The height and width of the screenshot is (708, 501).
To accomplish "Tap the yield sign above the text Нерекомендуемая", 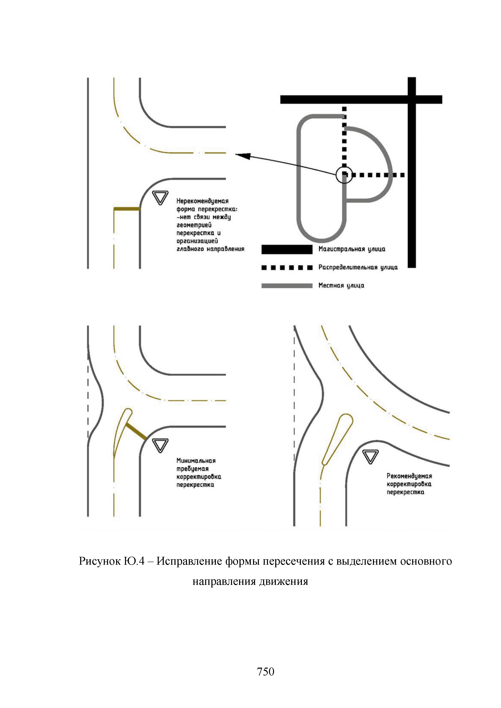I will pyautogui.click(x=160, y=197).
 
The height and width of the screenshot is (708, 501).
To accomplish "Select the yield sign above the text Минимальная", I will pyautogui.click(x=160, y=445).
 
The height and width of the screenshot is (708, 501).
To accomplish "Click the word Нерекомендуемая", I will pyautogui.click(x=202, y=201).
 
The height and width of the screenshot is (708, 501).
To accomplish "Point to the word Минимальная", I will pyautogui.click(x=196, y=461).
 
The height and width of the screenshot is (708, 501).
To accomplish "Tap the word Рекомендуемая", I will pyautogui.click(x=409, y=476).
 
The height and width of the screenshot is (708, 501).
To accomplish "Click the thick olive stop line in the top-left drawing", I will pyautogui.click(x=127, y=209).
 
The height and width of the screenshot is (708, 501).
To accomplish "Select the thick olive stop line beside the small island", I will pyautogui.click(x=136, y=432).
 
